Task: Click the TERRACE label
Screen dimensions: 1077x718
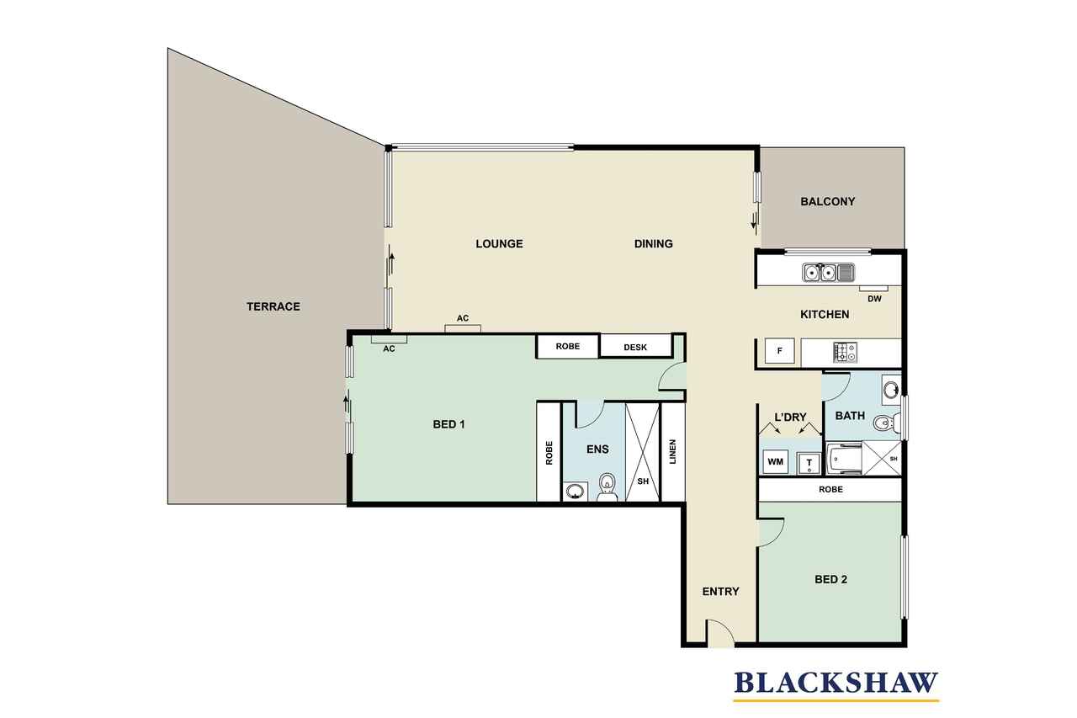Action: click(273, 306)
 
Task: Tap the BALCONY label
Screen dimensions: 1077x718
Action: click(827, 201)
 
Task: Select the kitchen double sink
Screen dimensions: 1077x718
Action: click(828, 273)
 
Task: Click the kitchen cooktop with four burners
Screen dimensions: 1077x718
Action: click(845, 353)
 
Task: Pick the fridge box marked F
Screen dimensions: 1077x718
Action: click(779, 351)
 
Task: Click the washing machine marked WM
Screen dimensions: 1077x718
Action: click(775, 462)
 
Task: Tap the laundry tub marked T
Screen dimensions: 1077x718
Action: click(809, 464)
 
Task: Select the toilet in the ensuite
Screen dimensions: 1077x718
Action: click(607, 487)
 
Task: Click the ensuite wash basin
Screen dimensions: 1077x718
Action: click(575, 492)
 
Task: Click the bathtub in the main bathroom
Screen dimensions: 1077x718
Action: click(844, 459)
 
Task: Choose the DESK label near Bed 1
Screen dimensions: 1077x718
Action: click(635, 348)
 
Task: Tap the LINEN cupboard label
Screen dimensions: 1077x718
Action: click(672, 451)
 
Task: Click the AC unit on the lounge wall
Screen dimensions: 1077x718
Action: click(463, 328)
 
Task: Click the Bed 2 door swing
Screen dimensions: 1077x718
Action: click(772, 533)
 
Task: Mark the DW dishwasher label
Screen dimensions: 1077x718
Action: click(874, 299)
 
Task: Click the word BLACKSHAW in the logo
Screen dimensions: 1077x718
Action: click(836, 683)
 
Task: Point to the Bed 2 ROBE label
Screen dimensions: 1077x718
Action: click(830, 490)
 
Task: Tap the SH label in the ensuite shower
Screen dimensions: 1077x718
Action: click(643, 481)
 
